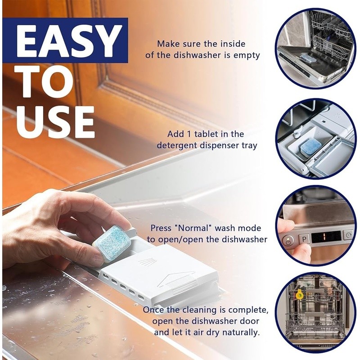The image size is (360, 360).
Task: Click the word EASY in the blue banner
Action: [69, 40]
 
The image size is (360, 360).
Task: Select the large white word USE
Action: [55, 122]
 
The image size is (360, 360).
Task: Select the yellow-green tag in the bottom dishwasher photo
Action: [299, 294]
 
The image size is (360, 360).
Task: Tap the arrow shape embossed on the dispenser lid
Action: [176, 280]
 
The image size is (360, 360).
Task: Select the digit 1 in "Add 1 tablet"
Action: [189, 134]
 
